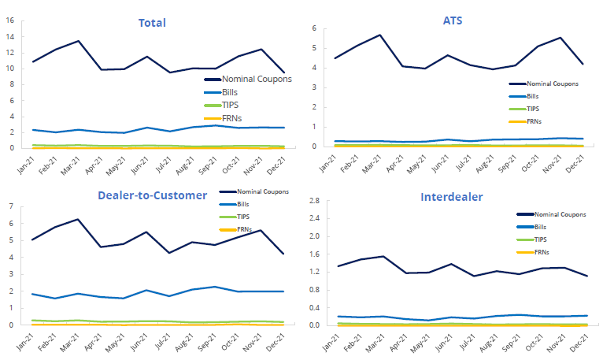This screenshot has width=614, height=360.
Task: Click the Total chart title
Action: pyautogui.click(x=152, y=22)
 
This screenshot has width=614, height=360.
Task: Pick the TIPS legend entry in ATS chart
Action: pyautogui.click(x=533, y=109)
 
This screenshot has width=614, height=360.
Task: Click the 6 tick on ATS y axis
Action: pyautogui.click(x=313, y=29)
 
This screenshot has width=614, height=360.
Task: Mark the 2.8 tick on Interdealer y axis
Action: pyautogui.click(x=313, y=202)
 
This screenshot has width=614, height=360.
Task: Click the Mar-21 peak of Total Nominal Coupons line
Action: pyautogui.click(x=78, y=41)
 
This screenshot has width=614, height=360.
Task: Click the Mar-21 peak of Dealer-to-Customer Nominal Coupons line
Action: pyautogui.click(x=78, y=219)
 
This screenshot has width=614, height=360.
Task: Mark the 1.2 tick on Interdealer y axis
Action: pyautogui.click(x=313, y=272)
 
